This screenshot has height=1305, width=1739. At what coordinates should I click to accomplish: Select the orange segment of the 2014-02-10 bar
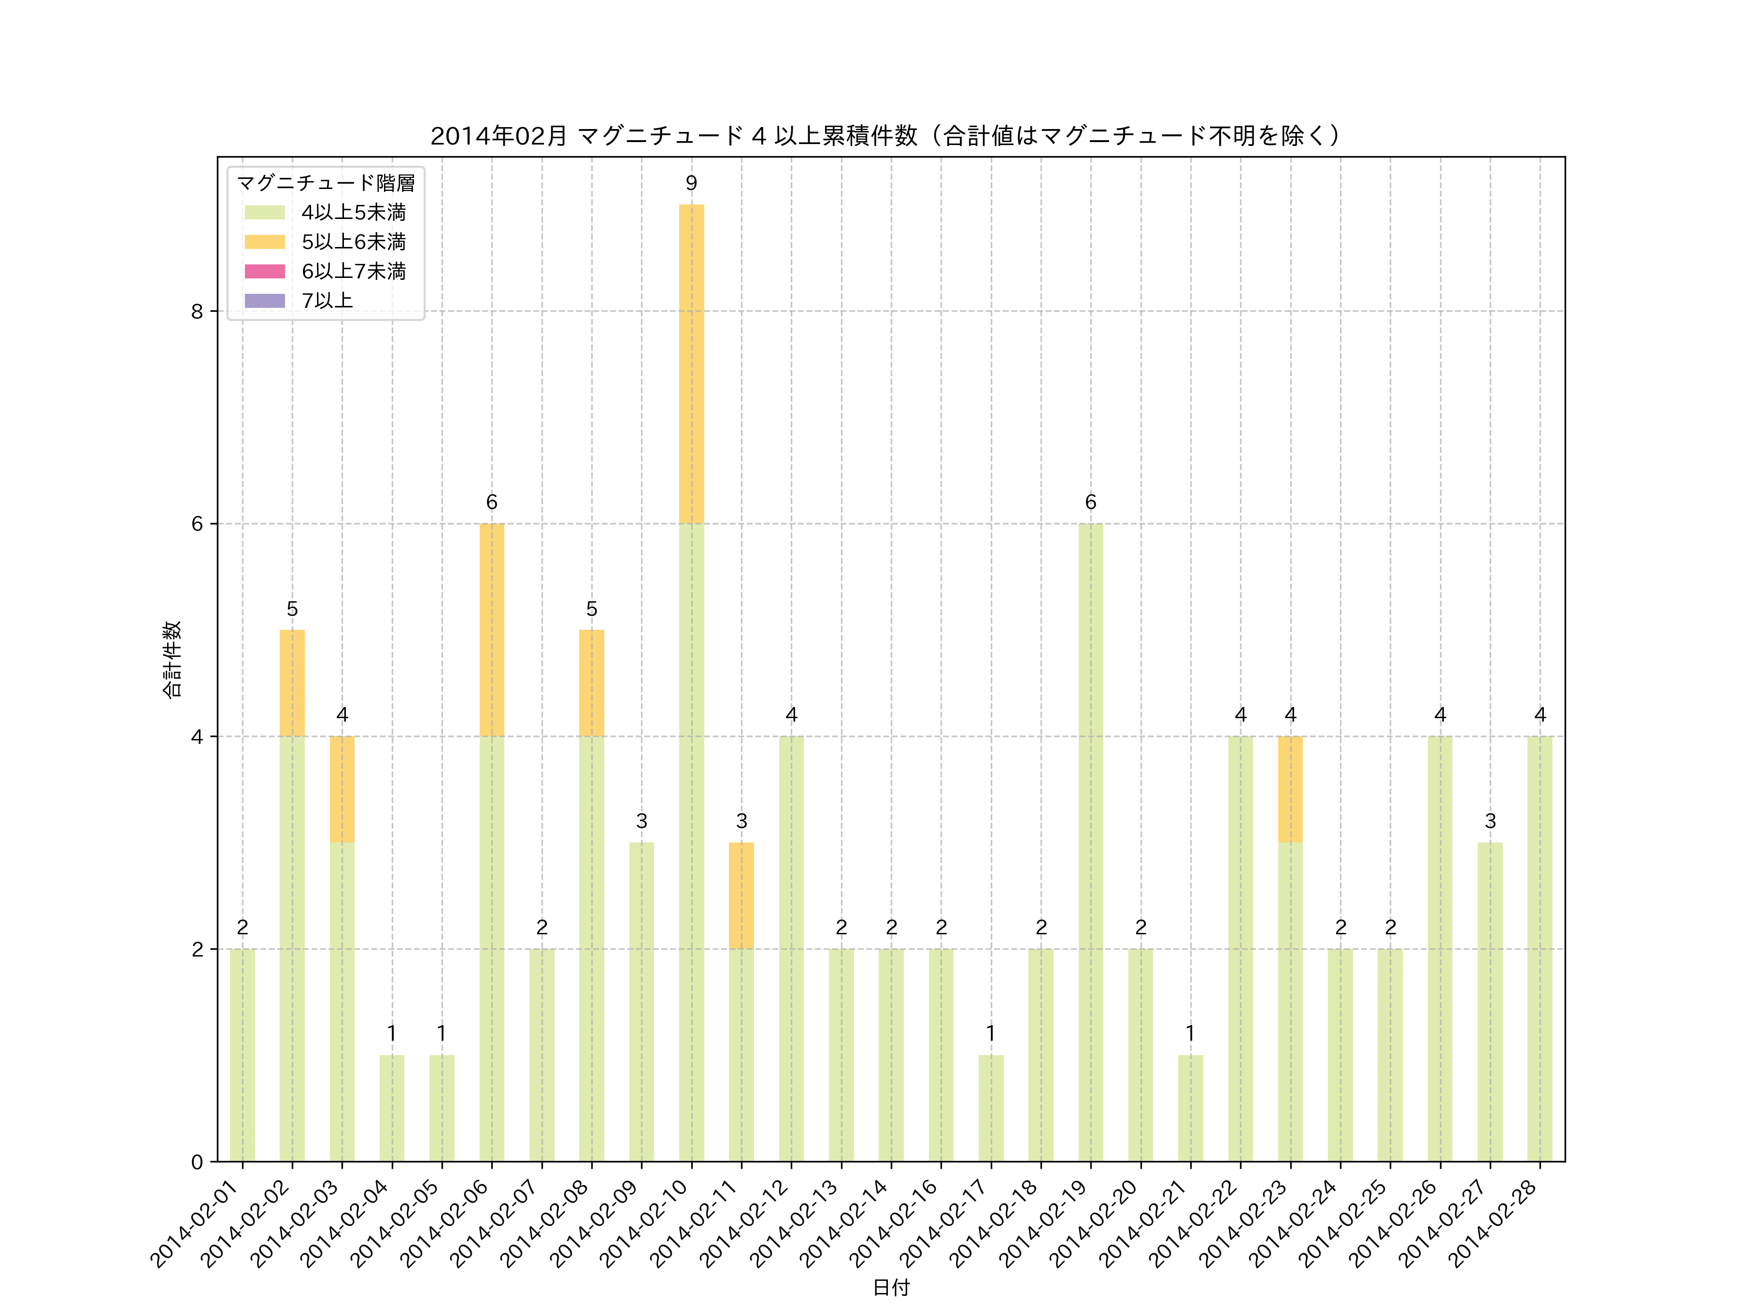point(691,363)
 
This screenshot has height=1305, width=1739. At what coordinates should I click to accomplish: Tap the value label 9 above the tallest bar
point(691,183)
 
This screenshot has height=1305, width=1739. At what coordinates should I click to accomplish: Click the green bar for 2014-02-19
point(1090,841)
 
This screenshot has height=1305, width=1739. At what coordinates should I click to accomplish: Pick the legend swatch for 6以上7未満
point(264,271)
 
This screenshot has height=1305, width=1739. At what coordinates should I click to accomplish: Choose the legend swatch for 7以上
point(264,301)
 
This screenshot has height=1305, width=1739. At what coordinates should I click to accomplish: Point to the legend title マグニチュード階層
point(326,183)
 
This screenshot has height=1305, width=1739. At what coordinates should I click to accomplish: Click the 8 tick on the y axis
point(197,311)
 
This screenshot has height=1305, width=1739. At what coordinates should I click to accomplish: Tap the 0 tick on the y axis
point(197,1162)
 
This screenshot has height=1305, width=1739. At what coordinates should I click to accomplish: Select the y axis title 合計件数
point(171,659)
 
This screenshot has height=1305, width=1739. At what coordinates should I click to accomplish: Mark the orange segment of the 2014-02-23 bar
point(1290,789)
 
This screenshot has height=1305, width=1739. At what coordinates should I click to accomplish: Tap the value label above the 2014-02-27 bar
point(1490,821)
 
